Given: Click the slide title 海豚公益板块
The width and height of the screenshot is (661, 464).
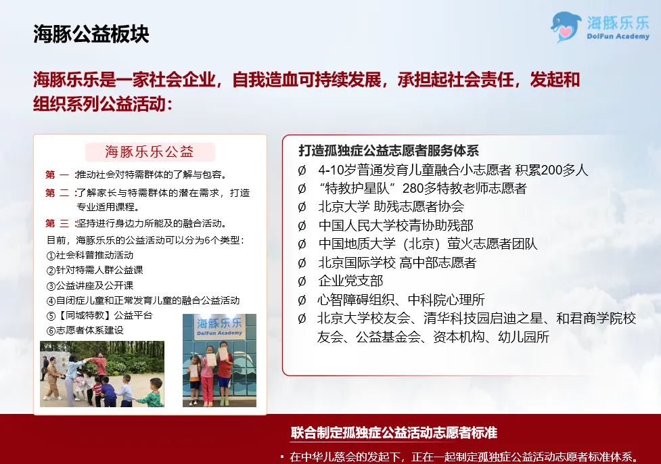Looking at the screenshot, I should click(91, 34).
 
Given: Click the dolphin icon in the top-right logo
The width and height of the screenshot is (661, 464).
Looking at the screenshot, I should click(566, 26).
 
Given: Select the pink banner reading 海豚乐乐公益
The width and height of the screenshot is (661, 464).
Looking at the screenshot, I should click(150, 152).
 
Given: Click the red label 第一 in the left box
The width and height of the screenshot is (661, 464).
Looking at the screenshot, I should click(58, 175).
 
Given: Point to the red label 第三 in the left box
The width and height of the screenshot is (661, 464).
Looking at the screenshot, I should click(58, 223).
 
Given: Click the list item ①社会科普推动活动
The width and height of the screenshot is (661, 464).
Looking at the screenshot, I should click(90, 255).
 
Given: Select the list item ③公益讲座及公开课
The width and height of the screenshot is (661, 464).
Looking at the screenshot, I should click(90, 285).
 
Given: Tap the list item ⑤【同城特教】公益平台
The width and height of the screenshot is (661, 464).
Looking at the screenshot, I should click(99, 315).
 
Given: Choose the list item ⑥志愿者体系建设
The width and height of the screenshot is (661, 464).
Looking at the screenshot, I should click(85, 330).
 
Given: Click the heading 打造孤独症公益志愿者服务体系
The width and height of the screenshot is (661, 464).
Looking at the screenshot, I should click(389, 150).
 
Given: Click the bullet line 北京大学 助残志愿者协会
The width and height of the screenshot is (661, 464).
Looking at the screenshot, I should click(391, 206).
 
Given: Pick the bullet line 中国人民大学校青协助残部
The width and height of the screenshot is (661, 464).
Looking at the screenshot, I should click(396, 225).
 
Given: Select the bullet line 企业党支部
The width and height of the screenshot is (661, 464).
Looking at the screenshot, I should click(350, 281).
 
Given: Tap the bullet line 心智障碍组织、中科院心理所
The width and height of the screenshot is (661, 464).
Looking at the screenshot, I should click(401, 300).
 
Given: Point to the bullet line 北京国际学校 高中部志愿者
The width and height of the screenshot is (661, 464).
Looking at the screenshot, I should click(397, 262).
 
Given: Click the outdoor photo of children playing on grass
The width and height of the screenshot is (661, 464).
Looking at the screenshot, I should click(102, 373).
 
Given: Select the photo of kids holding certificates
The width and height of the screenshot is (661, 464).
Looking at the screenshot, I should click(219, 360).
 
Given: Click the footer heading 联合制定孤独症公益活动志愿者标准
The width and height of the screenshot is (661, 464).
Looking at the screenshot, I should click(394, 432).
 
